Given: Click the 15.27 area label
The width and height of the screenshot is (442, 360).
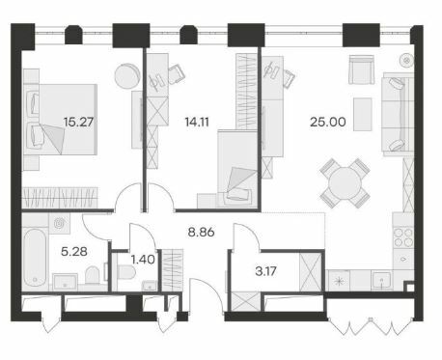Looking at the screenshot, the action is pyautogui.click(x=78, y=122).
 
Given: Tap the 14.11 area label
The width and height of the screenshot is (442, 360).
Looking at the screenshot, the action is pyautogui.click(x=197, y=122).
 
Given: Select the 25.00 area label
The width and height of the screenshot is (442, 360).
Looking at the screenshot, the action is pyautogui.click(x=328, y=122).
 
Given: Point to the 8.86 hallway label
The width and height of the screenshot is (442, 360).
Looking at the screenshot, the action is pyautogui.click(x=201, y=232).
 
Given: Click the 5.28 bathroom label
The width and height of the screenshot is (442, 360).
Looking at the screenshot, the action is pyautogui.click(x=74, y=251).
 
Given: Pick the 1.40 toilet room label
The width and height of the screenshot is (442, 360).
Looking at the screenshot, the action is pyautogui.click(x=143, y=260).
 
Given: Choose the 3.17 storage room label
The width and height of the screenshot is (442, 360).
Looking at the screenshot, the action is pyautogui.click(x=265, y=271).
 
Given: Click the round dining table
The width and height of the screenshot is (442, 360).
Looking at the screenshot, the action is pyautogui.click(x=345, y=183).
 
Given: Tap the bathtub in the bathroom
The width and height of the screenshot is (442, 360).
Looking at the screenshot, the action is pyautogui.click(x=35, y=258).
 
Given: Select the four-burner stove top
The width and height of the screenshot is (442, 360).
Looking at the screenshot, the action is pyautogui.click(x=403, y=237).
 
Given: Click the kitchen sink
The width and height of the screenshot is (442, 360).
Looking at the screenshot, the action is pyautogui.click(x=381, y=280).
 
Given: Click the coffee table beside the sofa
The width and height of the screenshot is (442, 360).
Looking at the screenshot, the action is pyautogui.click(x=363, y=115).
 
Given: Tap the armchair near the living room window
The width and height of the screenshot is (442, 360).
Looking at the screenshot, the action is pyautogui.click(x=362, y=69).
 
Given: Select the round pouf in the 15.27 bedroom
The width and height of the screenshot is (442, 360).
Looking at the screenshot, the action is pyautogui.click(x=127, y=76).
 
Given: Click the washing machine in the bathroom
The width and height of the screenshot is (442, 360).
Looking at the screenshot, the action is pyautogui.click(x=59, y=223).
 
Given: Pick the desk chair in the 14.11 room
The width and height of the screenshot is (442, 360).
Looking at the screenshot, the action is pyautogui.click(x=177, y=74).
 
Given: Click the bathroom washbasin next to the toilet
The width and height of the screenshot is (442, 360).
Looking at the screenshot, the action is pyautogui.click(x=65, y=282).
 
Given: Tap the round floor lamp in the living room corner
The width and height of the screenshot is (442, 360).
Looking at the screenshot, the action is pyautogui.click(x=407, y=60).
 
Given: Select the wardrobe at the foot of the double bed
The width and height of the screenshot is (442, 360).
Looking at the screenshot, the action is pyautogui.click(x=60, y=197).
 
